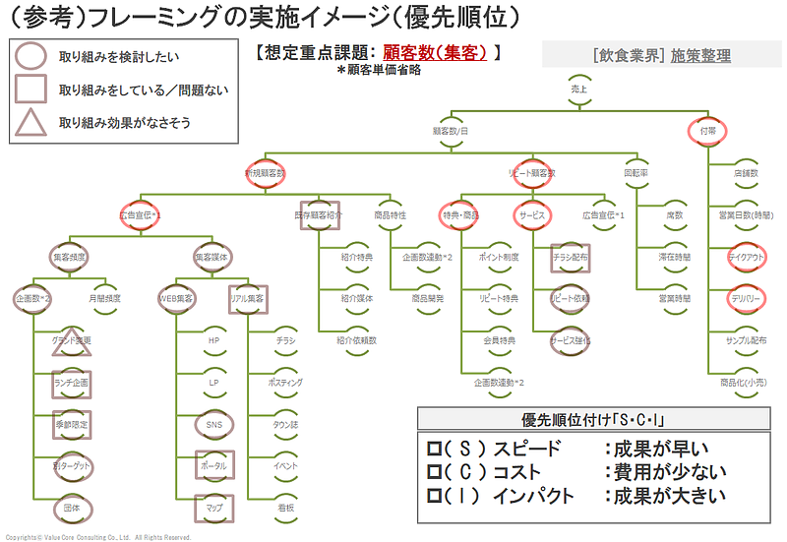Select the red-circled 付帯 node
708,130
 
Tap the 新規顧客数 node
265,172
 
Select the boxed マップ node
213,508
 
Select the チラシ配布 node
570,256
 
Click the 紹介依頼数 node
356,339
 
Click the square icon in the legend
31,90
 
